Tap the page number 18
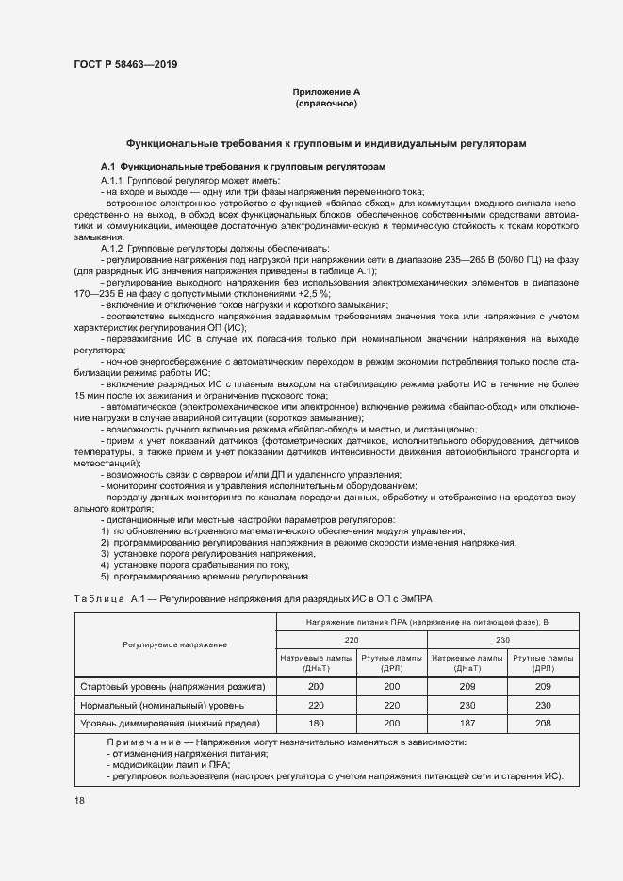coord(80,800)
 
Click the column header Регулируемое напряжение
coord(174,644)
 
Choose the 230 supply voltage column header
coord(502,639)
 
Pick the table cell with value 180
coord(316,723)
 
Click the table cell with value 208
coord(542,723)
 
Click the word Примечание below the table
coord(140,742)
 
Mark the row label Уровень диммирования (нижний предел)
coord(170,723)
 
